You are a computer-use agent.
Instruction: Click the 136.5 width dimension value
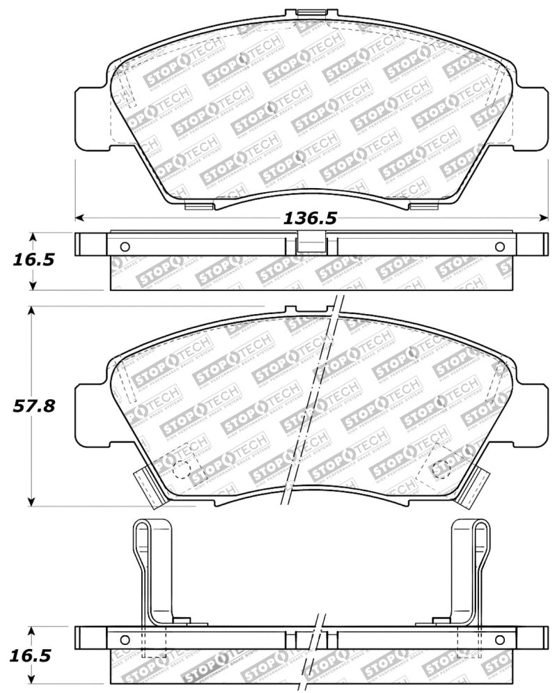tap(310, 218)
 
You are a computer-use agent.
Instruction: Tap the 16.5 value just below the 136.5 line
tap(34, 260)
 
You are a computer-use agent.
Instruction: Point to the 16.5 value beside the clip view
tap(34, 656)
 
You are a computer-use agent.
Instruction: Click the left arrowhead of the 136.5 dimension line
tap(79, 217)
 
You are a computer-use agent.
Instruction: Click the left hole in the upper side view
tap(125, 247)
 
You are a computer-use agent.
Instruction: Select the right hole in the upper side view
tap(499, 247)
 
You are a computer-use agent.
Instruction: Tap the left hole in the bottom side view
tap(125, 639)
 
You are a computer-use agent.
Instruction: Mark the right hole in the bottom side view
tap(499, 639)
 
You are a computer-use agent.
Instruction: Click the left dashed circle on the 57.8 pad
tap(182, 469)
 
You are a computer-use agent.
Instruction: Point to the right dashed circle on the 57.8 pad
tap(440, 469)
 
